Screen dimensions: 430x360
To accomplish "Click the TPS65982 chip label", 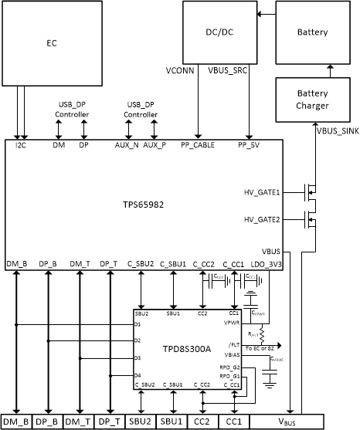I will (142, 205).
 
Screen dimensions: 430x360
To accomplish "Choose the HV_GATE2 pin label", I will (260, 220).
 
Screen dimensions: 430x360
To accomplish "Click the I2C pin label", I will (22, 144).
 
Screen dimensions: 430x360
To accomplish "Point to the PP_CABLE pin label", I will (198, 144).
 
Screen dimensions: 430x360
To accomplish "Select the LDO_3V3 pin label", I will (267, 265).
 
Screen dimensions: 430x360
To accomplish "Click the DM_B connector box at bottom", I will (16, 422).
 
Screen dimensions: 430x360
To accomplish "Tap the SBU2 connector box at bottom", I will (140, 422).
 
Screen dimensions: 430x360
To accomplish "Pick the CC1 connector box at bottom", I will (233, 422).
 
